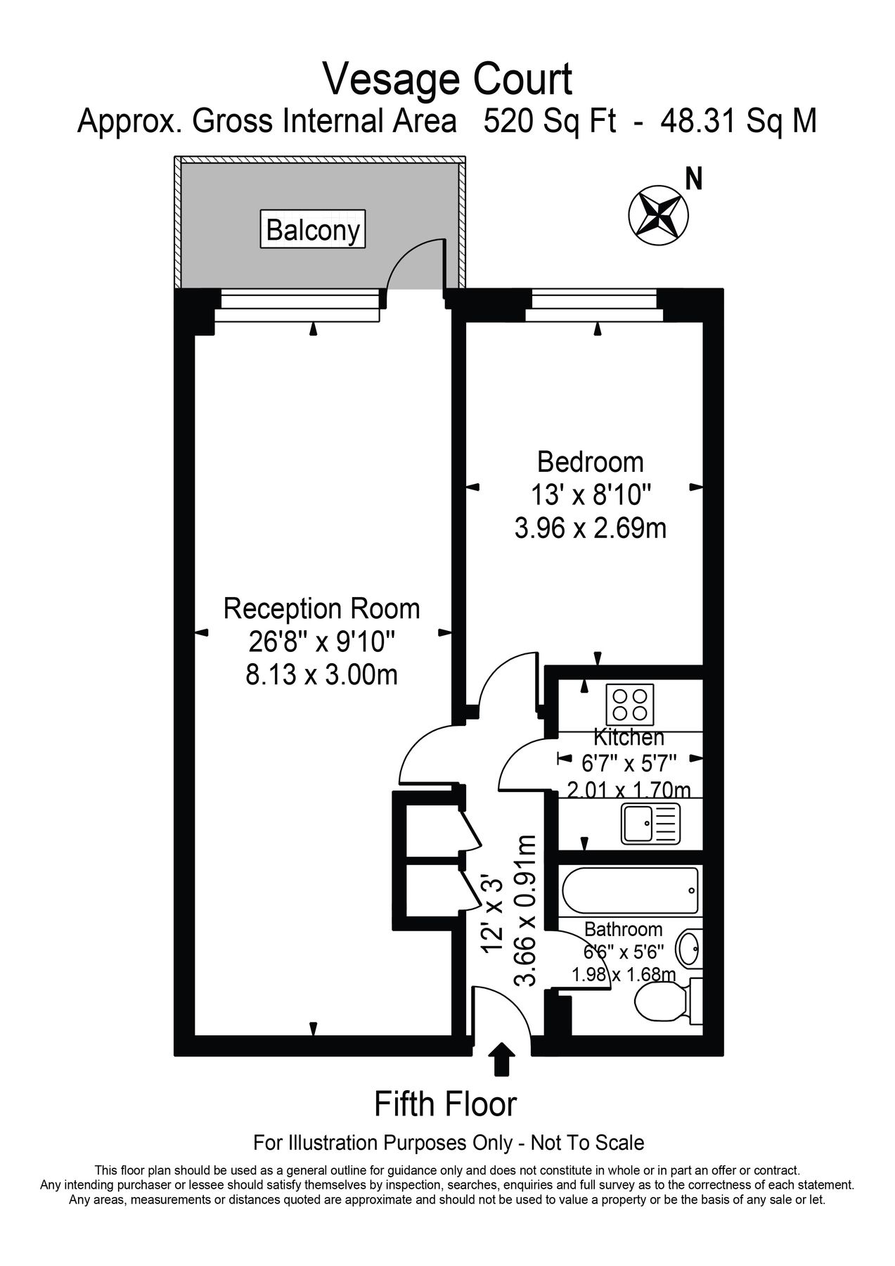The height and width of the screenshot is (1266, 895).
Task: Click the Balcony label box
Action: tap(314, 229)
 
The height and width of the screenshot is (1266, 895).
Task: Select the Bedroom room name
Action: tap(590, 462)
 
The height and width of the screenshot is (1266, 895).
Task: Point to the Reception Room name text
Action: tap(321, 608)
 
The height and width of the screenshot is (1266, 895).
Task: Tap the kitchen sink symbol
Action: tap(650, 824)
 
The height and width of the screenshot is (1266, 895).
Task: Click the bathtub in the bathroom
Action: tap(629, 890)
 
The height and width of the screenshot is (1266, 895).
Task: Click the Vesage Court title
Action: tap(447, 79)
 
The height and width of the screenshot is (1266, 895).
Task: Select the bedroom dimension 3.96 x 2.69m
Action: tap(590, 528)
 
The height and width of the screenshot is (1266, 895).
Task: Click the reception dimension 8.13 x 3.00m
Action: tap(321, 675)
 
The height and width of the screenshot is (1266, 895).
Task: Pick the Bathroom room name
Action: tap(623, 930)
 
